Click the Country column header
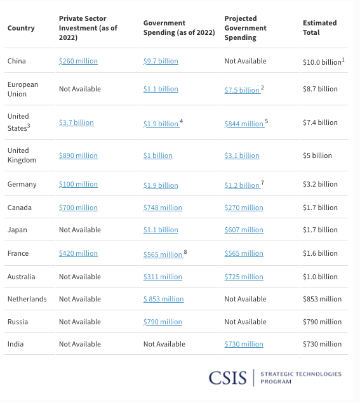click(21, 28)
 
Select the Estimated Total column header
click(319, 28)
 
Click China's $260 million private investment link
click(78, 61)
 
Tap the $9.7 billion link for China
click(161, 61)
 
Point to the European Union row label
click(23, 89)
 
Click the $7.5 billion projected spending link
click(242, 90)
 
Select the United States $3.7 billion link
click(76, 122)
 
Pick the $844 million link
click(244, 124)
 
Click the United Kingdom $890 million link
click(78, 155)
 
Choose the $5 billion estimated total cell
click(317, 155)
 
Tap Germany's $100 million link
click(78, 184)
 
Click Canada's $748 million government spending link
click(163, 208)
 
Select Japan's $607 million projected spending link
click(244, 230)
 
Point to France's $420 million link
click(78, 253)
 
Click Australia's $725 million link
click(244, 277)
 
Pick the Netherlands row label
click(27, 299)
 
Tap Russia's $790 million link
click(163, 322)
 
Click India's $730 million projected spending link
click(244, 344)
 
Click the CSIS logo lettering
click(227, 378)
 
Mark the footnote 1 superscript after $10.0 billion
click(343, 60)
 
